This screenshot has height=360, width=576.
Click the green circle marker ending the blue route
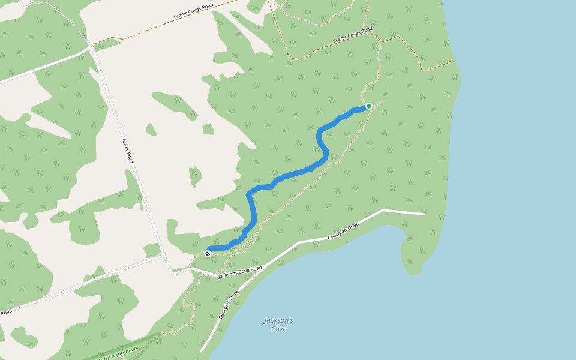click(x=369, y=106)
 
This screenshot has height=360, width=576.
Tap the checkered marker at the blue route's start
click(x=208, y=254)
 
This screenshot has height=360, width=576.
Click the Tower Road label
click(x=127, y=151)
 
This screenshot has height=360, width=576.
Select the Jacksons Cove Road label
click(x=240, y=272)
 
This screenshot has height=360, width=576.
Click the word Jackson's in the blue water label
click(x=278, y=320)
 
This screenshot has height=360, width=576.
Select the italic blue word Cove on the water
click(x=278, y=329)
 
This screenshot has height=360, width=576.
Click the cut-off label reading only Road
click(x=6, y=312)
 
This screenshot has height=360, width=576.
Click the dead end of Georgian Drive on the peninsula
click(x=425, y=214)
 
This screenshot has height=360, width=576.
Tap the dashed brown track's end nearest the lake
click(x=453, y=60)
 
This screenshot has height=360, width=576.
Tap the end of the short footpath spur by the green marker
click(x=382, y=101)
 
